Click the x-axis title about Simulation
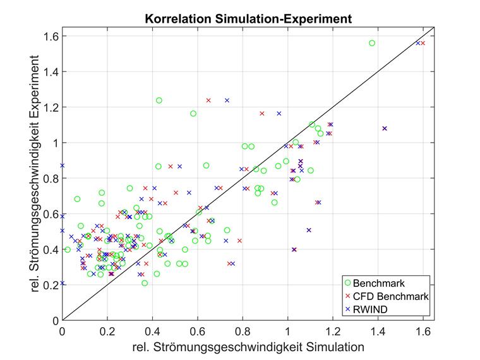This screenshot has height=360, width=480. point(248,347)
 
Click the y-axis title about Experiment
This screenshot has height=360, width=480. point(39,171)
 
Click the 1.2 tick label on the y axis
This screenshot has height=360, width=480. point(50,107)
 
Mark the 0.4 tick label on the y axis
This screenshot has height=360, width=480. point(50,249)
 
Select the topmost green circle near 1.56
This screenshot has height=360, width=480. point(372,43)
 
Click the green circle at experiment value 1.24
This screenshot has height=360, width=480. point(159,100)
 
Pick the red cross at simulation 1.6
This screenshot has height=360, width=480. point(423,43)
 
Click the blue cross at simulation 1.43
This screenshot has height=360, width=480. point(385,128)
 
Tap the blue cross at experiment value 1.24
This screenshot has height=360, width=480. point(227,100)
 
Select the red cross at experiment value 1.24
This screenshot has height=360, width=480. point(208,100)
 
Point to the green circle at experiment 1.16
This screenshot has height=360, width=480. point(193,114)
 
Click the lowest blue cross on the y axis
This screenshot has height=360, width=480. point(62,284)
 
